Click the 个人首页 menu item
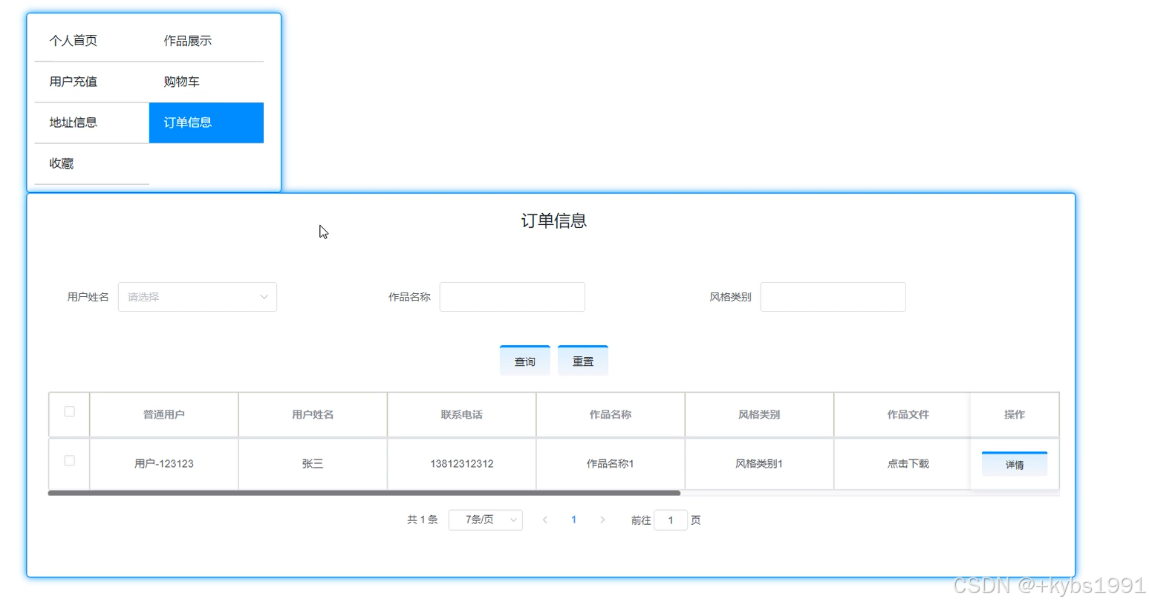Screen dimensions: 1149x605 74,41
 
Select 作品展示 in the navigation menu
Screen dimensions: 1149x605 188,41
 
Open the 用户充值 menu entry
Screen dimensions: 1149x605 74,82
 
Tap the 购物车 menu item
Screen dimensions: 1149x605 182,82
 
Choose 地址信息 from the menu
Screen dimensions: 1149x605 74,122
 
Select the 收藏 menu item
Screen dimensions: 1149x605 62,163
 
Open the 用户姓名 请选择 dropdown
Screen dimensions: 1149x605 197,297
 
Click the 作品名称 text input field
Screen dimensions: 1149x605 512,297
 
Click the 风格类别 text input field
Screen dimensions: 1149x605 833,297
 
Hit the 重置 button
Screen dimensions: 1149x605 582,362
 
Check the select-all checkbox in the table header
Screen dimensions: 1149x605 69,412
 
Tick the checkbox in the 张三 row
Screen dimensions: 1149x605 69,461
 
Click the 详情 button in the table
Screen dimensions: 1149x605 1014,465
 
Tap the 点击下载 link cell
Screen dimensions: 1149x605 908,464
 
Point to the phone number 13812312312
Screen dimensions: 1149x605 461,464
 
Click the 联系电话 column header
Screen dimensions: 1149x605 461,415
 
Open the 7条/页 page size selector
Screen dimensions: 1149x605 485,520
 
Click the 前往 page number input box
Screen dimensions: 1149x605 670,520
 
